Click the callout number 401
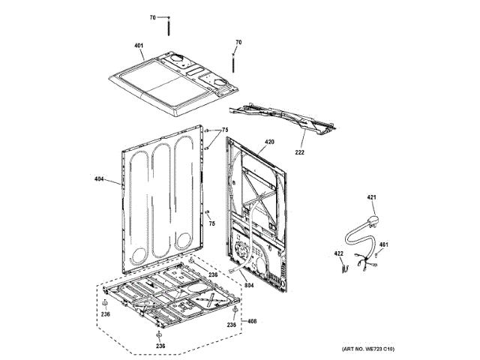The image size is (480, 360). [x=139, y=46]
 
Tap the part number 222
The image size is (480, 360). [x=300, y=152]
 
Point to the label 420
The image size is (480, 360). [x=269, y=142]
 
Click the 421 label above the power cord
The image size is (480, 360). [x=370, y=197]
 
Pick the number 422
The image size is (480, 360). [x=338, y=253]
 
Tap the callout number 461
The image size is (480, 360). [x=383, y=244]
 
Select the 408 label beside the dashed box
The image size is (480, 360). [x=252, y=321]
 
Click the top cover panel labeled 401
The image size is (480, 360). [x=165, y=86]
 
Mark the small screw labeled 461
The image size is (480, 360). [x=376, y=255]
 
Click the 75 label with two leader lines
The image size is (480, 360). [x=223, y=129]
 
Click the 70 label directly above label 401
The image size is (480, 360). [x=152, y=16]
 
